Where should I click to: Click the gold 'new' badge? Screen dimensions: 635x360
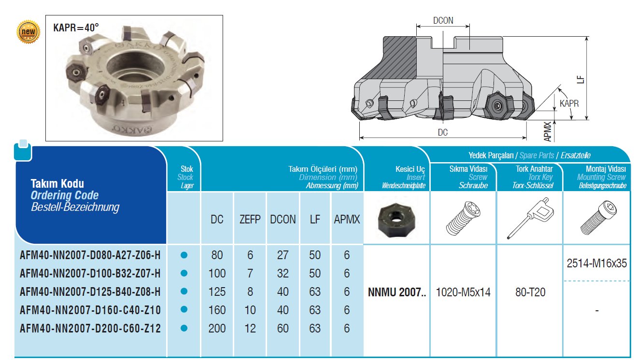28,31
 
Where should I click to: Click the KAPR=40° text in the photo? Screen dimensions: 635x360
76,28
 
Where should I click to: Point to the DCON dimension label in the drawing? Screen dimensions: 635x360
443,20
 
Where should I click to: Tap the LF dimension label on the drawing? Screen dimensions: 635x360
580,80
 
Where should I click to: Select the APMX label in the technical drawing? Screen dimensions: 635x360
548,132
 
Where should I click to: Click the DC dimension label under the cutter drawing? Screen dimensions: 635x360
442,132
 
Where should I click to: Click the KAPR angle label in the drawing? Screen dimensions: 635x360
569,103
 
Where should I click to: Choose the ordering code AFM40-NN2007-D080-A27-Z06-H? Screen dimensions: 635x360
90,255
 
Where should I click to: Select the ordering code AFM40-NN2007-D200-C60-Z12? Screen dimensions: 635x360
90,329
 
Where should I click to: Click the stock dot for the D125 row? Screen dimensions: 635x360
184,291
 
